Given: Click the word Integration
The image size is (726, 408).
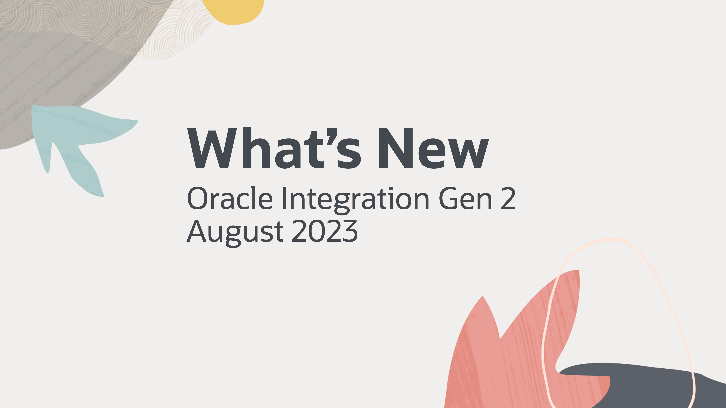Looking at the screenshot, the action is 355,200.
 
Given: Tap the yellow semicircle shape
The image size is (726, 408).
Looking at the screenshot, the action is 233,11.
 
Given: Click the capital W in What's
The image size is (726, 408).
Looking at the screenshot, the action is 214,148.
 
